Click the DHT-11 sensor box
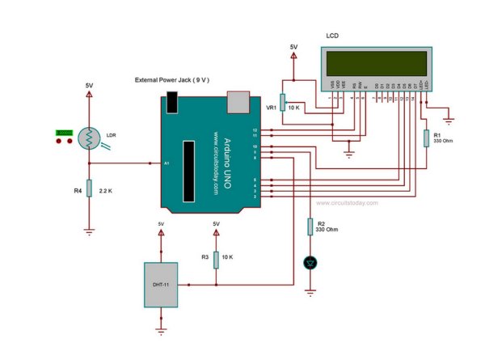[162, 284]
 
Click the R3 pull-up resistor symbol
[216, 257]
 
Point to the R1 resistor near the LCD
[424, 138]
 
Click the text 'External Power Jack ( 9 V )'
[172, 81]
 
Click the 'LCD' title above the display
[332, 36]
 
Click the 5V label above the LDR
[88, 85]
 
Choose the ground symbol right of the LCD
[449, 121]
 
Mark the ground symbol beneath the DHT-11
[162, 330]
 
